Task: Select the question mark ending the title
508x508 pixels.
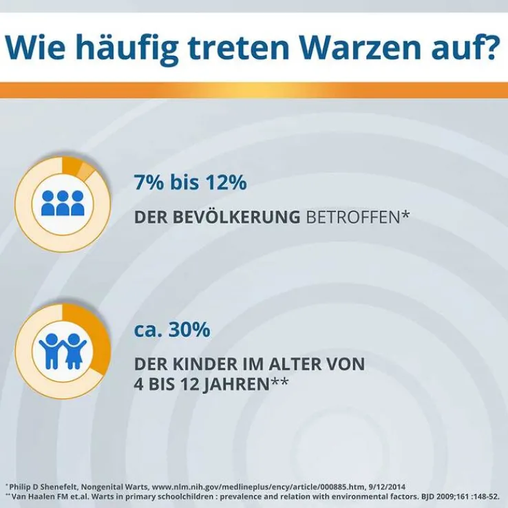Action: (487, 48)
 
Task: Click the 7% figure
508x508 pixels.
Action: (148, 184)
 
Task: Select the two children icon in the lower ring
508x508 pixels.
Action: (62, 350)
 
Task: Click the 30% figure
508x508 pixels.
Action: (187, 330)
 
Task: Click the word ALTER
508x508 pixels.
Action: (304, 363)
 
